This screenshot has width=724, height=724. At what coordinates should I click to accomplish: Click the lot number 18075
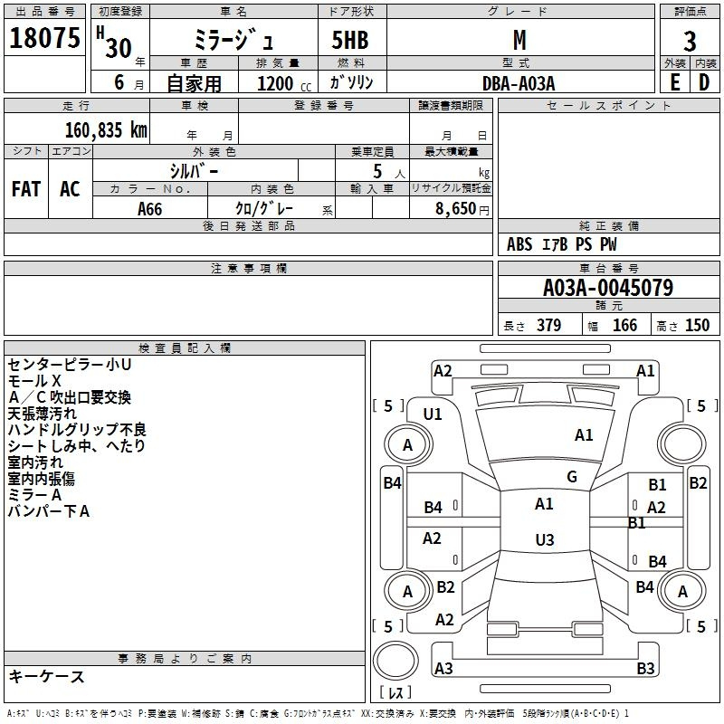(44, 38)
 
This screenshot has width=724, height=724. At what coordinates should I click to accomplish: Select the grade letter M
(519, 40)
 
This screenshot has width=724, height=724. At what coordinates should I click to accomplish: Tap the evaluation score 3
(690, 42)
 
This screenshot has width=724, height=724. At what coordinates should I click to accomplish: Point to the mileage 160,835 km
(106, 130)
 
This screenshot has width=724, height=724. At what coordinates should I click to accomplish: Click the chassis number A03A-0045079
(608, 288)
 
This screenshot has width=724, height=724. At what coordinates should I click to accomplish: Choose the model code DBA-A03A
(519, 83)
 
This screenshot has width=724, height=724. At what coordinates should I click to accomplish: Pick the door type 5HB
(350, 40)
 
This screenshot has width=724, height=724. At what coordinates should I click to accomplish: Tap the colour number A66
(149, 209)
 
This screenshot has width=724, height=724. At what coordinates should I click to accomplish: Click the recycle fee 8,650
(456, 208)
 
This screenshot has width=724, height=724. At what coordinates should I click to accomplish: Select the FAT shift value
(26, 189)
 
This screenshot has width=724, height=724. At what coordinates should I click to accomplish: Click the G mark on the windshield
(572, 477)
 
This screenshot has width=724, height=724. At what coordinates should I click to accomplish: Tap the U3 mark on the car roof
(545, 539)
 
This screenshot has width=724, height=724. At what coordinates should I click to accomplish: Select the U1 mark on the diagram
(433, 414)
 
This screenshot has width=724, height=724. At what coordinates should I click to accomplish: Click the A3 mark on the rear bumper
(443, 668)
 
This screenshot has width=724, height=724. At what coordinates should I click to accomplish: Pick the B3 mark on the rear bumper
(645, 668)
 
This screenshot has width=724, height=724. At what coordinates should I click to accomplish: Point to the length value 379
(549, 325)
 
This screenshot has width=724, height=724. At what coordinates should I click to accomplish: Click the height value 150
(697, 325)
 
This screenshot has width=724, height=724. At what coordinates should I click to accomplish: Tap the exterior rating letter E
(675, 82)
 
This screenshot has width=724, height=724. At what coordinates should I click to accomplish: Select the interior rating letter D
(704, 82)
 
